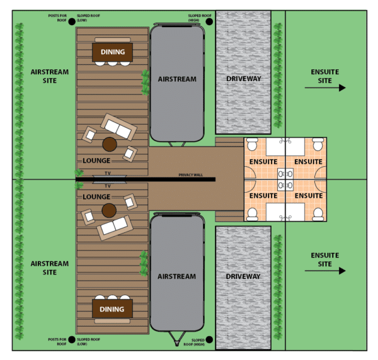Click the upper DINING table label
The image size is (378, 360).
pyautogui.click(x=113, y=52)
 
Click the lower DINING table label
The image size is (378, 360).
pyautogui.click(x=112, y=309)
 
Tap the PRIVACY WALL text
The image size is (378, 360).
pyautogui.click(x=190, y=175)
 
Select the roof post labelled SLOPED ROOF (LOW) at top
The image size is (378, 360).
pyautogui.click(x=72, y=21)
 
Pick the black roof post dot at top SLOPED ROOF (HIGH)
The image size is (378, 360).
pyautogui.click(x=209, y=21)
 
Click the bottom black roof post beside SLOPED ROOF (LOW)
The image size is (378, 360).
pyautogui.click(x=72, y=339)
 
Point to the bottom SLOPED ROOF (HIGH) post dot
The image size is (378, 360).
pyautogui.click(x=209, y=339)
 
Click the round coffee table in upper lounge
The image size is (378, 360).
pyautogui.click(x=110, y=145)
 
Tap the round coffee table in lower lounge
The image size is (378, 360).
pyautogui.click(x=109, y=210)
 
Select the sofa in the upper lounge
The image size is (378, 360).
pyautogui.click(x=118, y=127)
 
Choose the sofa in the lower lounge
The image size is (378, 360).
pyautogui.click(x=115, y=228)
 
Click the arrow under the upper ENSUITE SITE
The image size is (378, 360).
pyautogui.click(x=325, y=87)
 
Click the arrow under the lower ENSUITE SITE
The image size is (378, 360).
pyautogui.click(x=325, y=271)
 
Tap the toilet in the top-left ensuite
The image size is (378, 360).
pyautogui.click(x=253, y=144)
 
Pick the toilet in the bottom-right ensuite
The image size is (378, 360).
pyautogui.click(x=318, y=214)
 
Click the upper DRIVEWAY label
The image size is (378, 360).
pyautogui.click(x=244, y=79)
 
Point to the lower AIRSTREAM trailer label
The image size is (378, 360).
pyautogui.click(x=176, y=276)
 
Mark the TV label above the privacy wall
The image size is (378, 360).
pyautogui.click(x=108, y=173)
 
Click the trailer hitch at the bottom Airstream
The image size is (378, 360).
pyautogui.click(x=177, y=339)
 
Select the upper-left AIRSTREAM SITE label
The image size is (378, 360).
pyautogui.click(x=50, y=76)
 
